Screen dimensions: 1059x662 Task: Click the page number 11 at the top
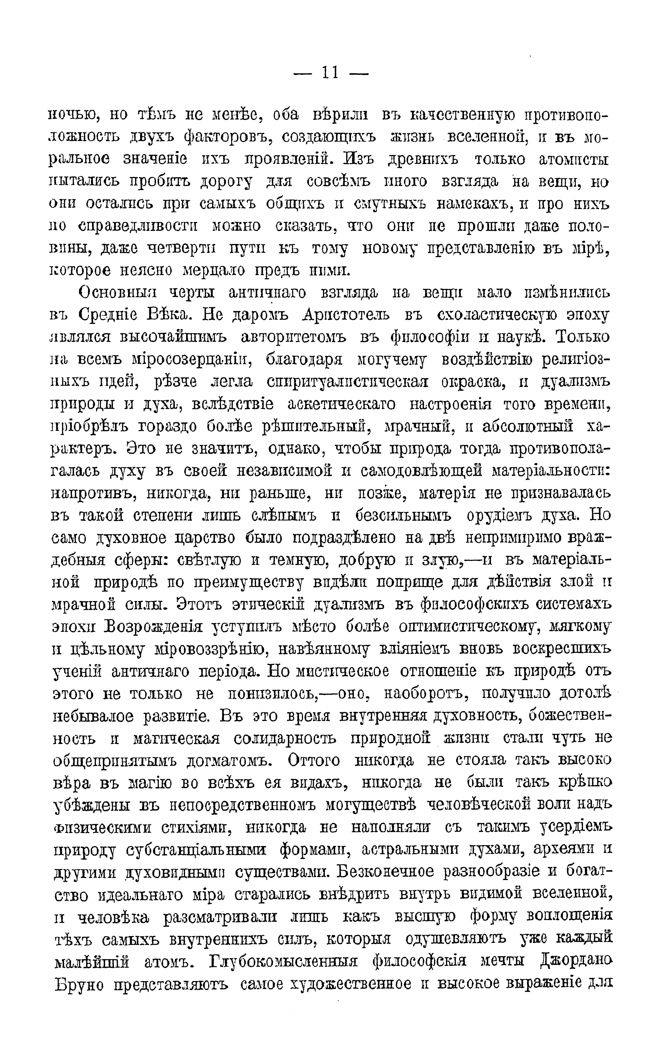tap(331, 72)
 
